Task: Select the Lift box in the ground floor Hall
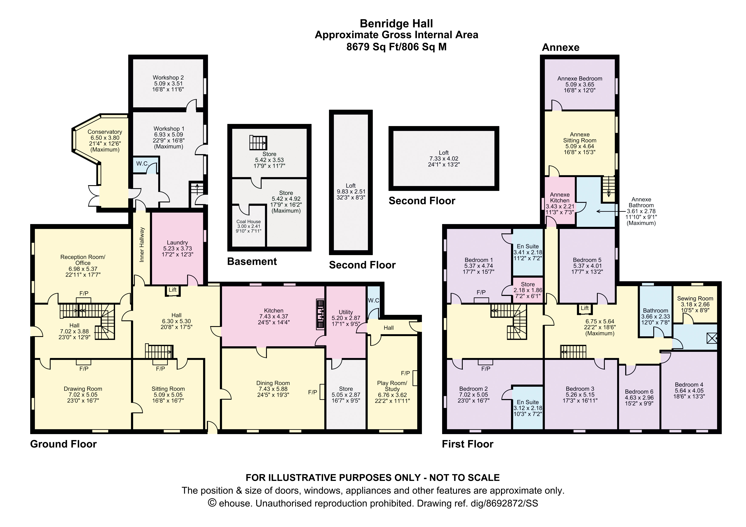pos(172,290)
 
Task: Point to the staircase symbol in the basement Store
pos(258,143)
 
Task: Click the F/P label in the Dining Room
pos(313,392)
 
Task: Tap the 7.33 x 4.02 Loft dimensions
pos(444,158)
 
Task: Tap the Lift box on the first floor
pos(585,308)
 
